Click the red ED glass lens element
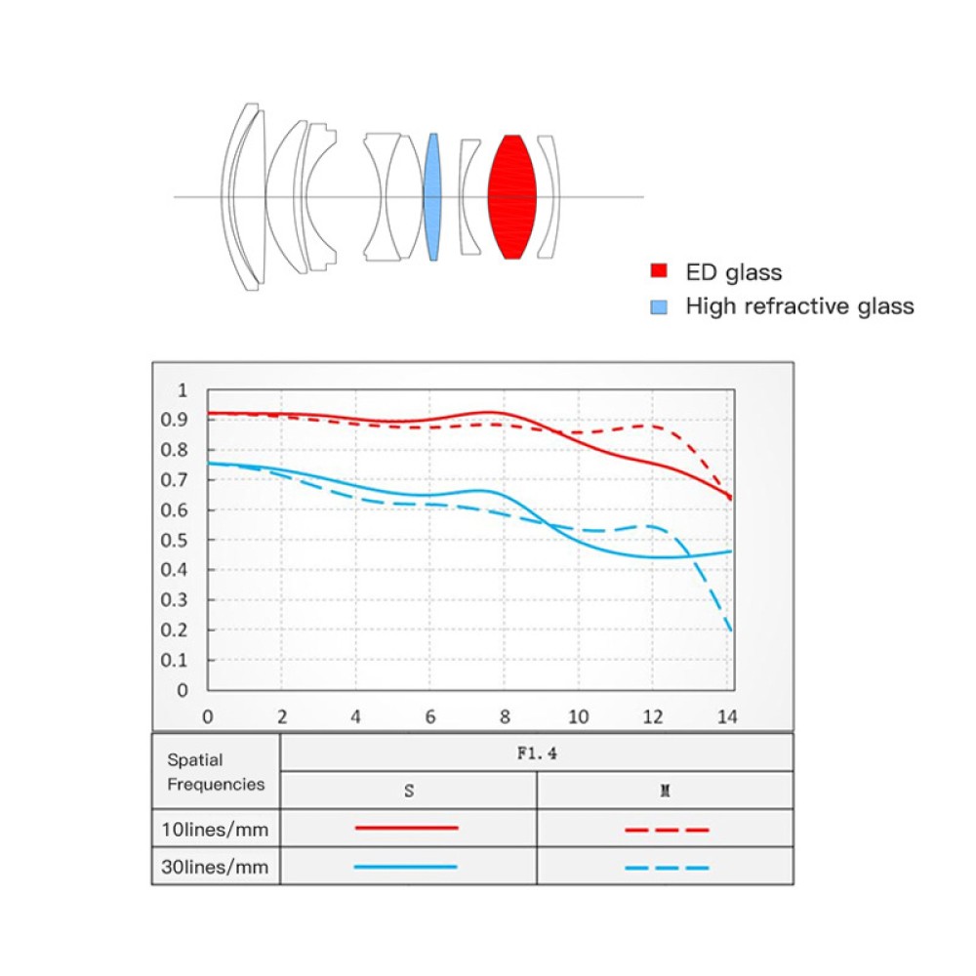(512, 196)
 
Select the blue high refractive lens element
(433, 196)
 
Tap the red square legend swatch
(660, 272)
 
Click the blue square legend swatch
(660, 306)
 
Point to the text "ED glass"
(734, 272)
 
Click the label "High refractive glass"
(800, 306)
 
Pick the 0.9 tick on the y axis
(178, 420)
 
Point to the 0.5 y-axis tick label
(178, 540)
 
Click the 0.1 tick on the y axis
(178, 660)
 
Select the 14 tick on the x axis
(726, 717)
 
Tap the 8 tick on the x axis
(505, 717)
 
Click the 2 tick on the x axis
(282, 717)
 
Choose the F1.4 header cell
(536, 752)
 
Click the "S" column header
(408, 791)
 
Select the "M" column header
(665, 791)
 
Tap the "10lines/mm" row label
(215, 830)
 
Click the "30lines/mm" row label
(215, 867)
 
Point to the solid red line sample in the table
(407, 828)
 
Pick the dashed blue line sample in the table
(666, 867)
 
